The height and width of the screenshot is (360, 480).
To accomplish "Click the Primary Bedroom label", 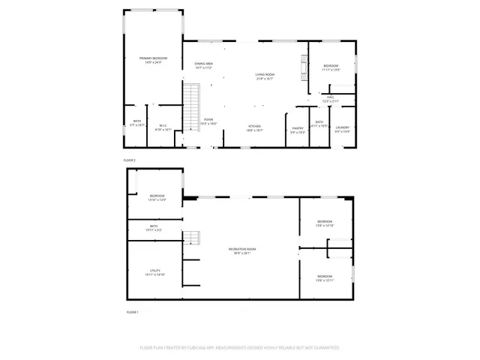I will pyautogui.click(x=153, y=60).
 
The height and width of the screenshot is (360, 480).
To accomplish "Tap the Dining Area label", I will pyautogui.click(x=204, y=66).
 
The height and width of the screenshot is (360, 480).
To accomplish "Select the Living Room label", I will pyautogui.click(x=265, y=76).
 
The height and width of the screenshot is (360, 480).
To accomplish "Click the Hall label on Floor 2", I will pyautogui.click(x=331, y=99).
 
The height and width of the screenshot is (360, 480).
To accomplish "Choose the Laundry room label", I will pyautogui.click(x=343, y=127).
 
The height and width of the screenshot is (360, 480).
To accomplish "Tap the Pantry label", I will pyautogui.click(x=298, y=128).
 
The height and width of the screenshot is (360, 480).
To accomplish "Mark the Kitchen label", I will pyautogui.click(x=254, y=127).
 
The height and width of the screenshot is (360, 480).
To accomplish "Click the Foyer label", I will pyautogui.click(x=208, y=121).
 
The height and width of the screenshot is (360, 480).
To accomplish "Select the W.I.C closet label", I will pyautogui.click(x=163, y=127).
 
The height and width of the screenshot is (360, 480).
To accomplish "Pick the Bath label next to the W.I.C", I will pyautogui.click(x=137, y=123).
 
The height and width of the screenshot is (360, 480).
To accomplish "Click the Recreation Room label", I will pyautogui.click(x=241, y=251).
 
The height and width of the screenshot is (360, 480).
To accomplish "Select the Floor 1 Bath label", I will pyautogui.click(x=153, y=227).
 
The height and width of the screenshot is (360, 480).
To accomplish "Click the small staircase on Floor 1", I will pyautogui.click(x=193, y=238).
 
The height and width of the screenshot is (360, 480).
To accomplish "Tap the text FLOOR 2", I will pyautogui.click(x=130, y=160).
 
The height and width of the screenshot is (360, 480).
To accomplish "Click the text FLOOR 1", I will pyautogui.click(x=133, y=311).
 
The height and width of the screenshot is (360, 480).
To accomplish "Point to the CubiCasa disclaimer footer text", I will pyautogui.click(x=240, y=348).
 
